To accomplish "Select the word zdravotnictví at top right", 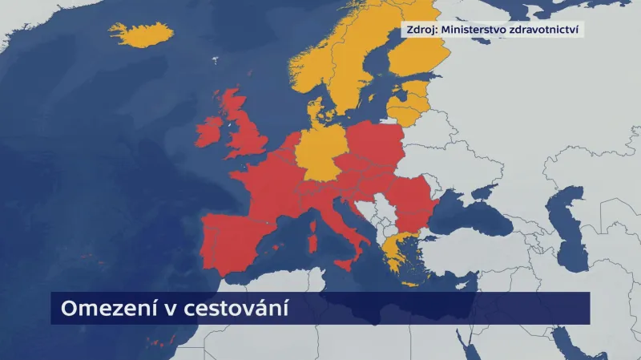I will (550, 30).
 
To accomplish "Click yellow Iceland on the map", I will (141, 34).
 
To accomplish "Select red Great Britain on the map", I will (245, 136).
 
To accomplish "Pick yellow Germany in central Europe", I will (322, 152).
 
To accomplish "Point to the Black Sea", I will (481, 216).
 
